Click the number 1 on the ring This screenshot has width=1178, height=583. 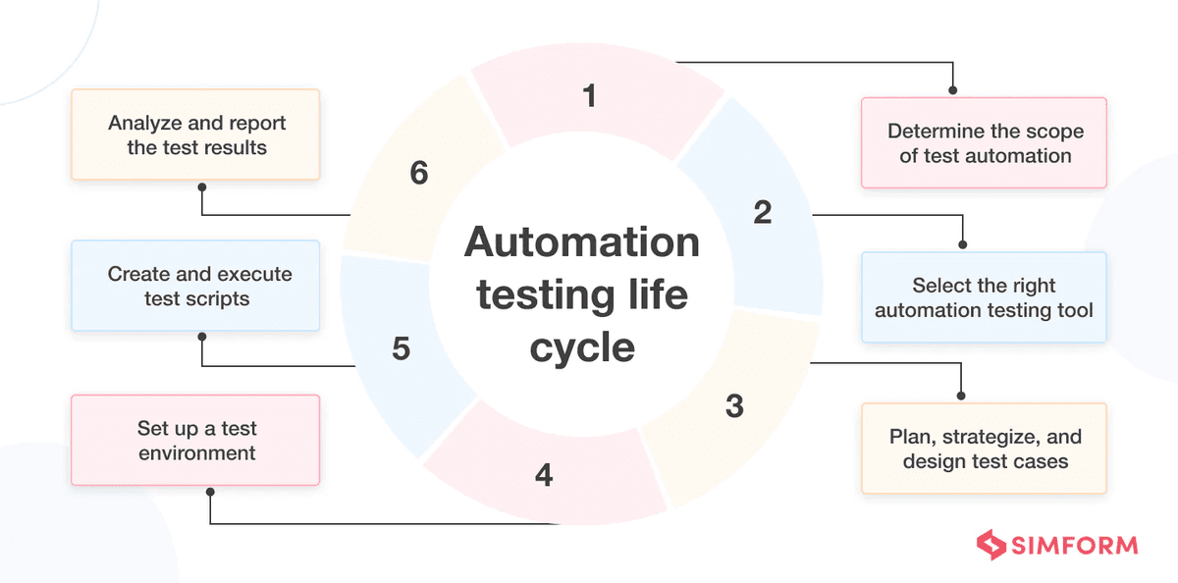(589, 96)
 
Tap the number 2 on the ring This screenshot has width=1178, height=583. (763, 212)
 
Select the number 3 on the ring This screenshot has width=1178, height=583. (734, 406)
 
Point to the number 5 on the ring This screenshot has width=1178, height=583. (401, 349)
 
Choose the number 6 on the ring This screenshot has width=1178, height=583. (419, 174)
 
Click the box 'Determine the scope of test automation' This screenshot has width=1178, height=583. (984, 143)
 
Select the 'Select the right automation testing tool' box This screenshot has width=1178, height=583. (984, 297)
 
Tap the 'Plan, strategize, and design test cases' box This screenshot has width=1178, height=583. (984, 449)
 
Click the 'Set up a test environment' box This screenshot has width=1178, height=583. (196, 441)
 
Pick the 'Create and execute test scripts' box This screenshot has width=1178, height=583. (196, 286)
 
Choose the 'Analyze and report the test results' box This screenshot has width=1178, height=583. (196, 134)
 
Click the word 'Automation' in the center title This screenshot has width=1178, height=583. (582, 242)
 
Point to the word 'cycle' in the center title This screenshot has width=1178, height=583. (582, 348)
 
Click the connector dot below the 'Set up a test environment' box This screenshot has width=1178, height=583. (210, 491)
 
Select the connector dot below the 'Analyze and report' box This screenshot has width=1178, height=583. (201, 186)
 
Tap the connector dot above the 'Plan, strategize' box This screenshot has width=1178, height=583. (960, 397)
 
